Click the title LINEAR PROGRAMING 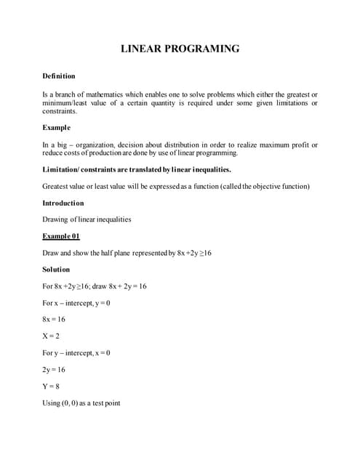(x=179, y=49)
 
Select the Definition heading (x=59, y=76)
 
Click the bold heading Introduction (x=63, y=203)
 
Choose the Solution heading (x=57, y=270)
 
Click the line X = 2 (x=53, y=336)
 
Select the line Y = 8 (x=53, y=387)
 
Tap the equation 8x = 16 (x=55, y=319)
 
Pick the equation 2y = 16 (x=55, y=370)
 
